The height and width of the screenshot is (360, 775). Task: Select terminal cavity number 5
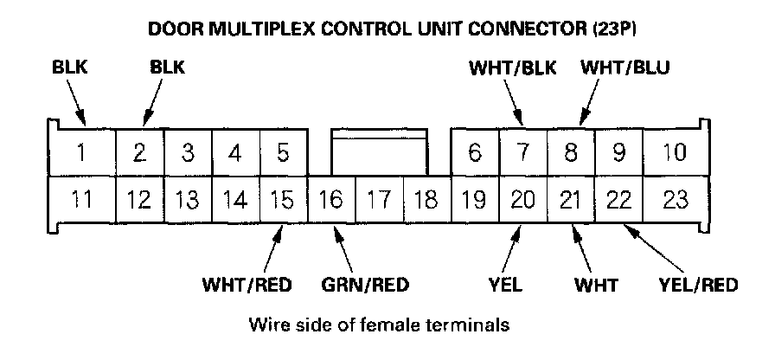tap(282, 154)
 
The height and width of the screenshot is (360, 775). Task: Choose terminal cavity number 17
tap(377, 201)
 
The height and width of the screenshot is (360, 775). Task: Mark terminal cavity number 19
tap(473, 201)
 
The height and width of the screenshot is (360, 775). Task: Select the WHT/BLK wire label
tap(511, 67)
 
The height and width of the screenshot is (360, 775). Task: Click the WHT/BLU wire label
tap(624, 67)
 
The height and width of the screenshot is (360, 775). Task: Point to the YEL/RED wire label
tap(698, 285)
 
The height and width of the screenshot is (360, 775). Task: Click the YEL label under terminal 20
tap(505, 285)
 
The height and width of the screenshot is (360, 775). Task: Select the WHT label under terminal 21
tap(595, 285)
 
